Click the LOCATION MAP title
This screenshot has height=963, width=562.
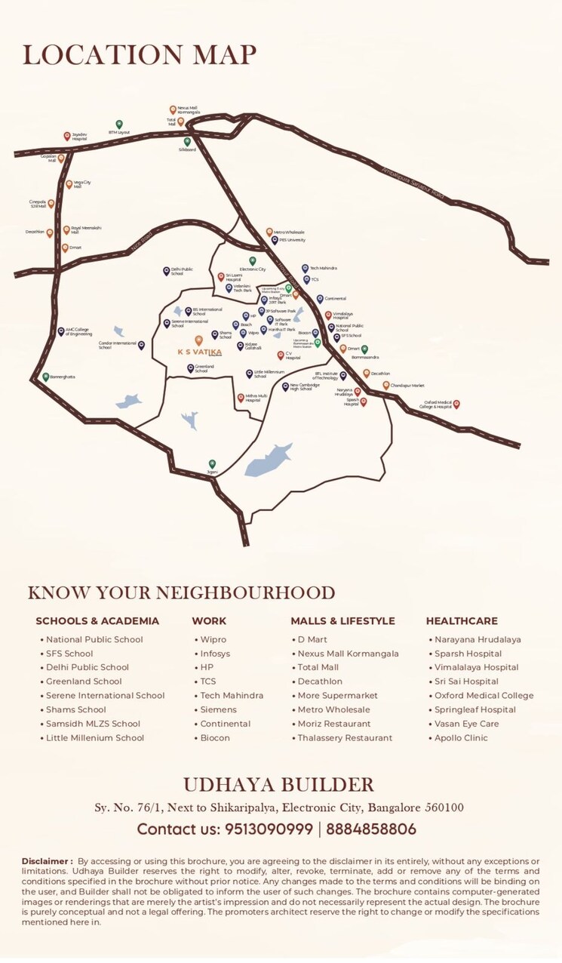[x=139, y=55]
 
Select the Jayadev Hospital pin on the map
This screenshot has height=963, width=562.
[x=66, y=136]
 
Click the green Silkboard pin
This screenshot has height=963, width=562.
[x=187, y=141]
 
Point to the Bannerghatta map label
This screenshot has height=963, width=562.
[x=63, y=376]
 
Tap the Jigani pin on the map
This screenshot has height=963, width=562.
[x=212, y=463]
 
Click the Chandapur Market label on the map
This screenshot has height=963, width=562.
[x=407, y=385]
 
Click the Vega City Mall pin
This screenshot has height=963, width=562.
[x=69, y=183]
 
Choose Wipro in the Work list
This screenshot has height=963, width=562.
[x=213, y=639]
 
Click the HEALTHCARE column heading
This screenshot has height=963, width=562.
[x=462, y=621]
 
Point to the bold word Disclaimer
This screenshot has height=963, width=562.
[x=47, y=861]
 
